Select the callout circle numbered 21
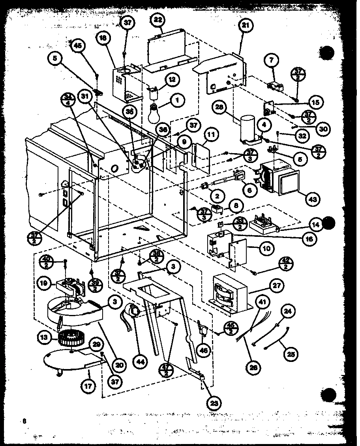tap(246, 26)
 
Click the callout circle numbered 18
tap(103, 38)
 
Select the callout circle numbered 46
tap(203, 349)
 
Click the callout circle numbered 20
tap(118, 365)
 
